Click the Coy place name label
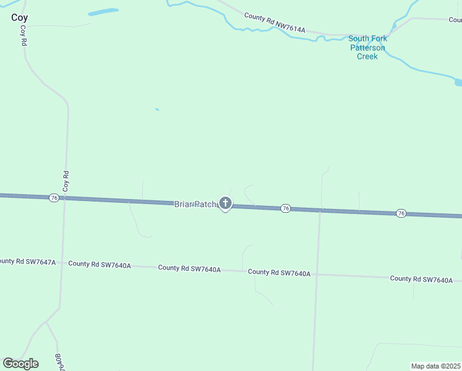coord(19,17)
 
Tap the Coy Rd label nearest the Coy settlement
coord(23,36)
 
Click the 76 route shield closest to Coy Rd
coord(54,197)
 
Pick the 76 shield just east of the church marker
coord(285,208)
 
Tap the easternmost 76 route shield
coord(401,213)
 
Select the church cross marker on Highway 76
coord(225,203)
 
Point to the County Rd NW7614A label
coord(275,23)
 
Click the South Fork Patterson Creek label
coord(367,48)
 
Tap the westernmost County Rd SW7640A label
coord(99,265)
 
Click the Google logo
coord(20,364)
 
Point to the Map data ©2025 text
coord(435,366)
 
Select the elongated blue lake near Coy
coord(103,12)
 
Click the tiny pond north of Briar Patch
coord(157,109)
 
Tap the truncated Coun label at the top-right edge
coord(455,20)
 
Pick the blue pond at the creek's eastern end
coord(458,82)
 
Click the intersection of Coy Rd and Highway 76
coord(64,198)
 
